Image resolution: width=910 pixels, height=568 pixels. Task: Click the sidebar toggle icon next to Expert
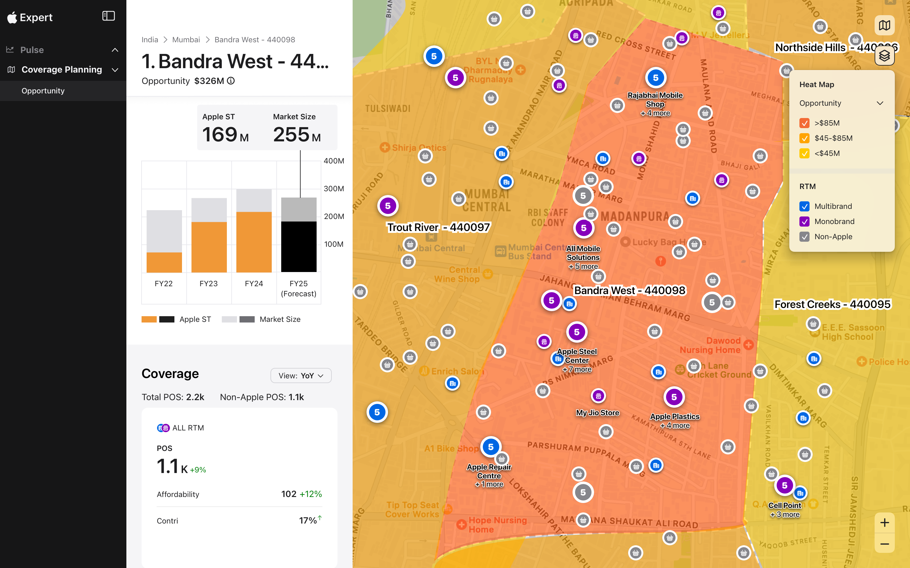click(x=108, y=16)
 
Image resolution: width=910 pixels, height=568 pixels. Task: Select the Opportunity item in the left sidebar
click(x=43, y=91)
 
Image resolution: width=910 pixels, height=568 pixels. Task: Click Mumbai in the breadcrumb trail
click(x=186, y=40)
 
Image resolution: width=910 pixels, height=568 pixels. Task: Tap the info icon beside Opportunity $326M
click(x=231, y=81)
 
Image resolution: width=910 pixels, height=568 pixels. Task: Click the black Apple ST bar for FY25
click(x=299, y=246)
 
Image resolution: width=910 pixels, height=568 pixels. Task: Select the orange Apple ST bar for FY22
click(x=164, y=262)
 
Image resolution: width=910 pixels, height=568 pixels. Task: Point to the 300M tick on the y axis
click(x=334, y=189)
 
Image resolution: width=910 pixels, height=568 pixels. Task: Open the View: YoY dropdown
click(x=301, y=376)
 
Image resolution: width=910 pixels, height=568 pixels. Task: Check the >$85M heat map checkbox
click(x=804, y=123)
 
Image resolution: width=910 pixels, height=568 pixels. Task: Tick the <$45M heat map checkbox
click(x=804, y=153)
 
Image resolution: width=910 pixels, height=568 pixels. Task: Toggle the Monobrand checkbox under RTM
click(x=804, y=222)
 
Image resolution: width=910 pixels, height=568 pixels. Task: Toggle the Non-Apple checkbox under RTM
click(x=804, y=237)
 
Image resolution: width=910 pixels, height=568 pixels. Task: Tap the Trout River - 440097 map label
click(x=439, y=227)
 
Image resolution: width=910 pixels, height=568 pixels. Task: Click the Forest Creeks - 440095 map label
click(x=832, y=304)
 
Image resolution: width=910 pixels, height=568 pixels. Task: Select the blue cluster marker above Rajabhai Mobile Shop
click(x=655, y=78)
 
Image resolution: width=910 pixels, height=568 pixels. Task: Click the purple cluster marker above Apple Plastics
click(x=674, y=397)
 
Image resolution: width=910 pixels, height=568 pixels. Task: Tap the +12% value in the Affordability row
click(x=311, y=494)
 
